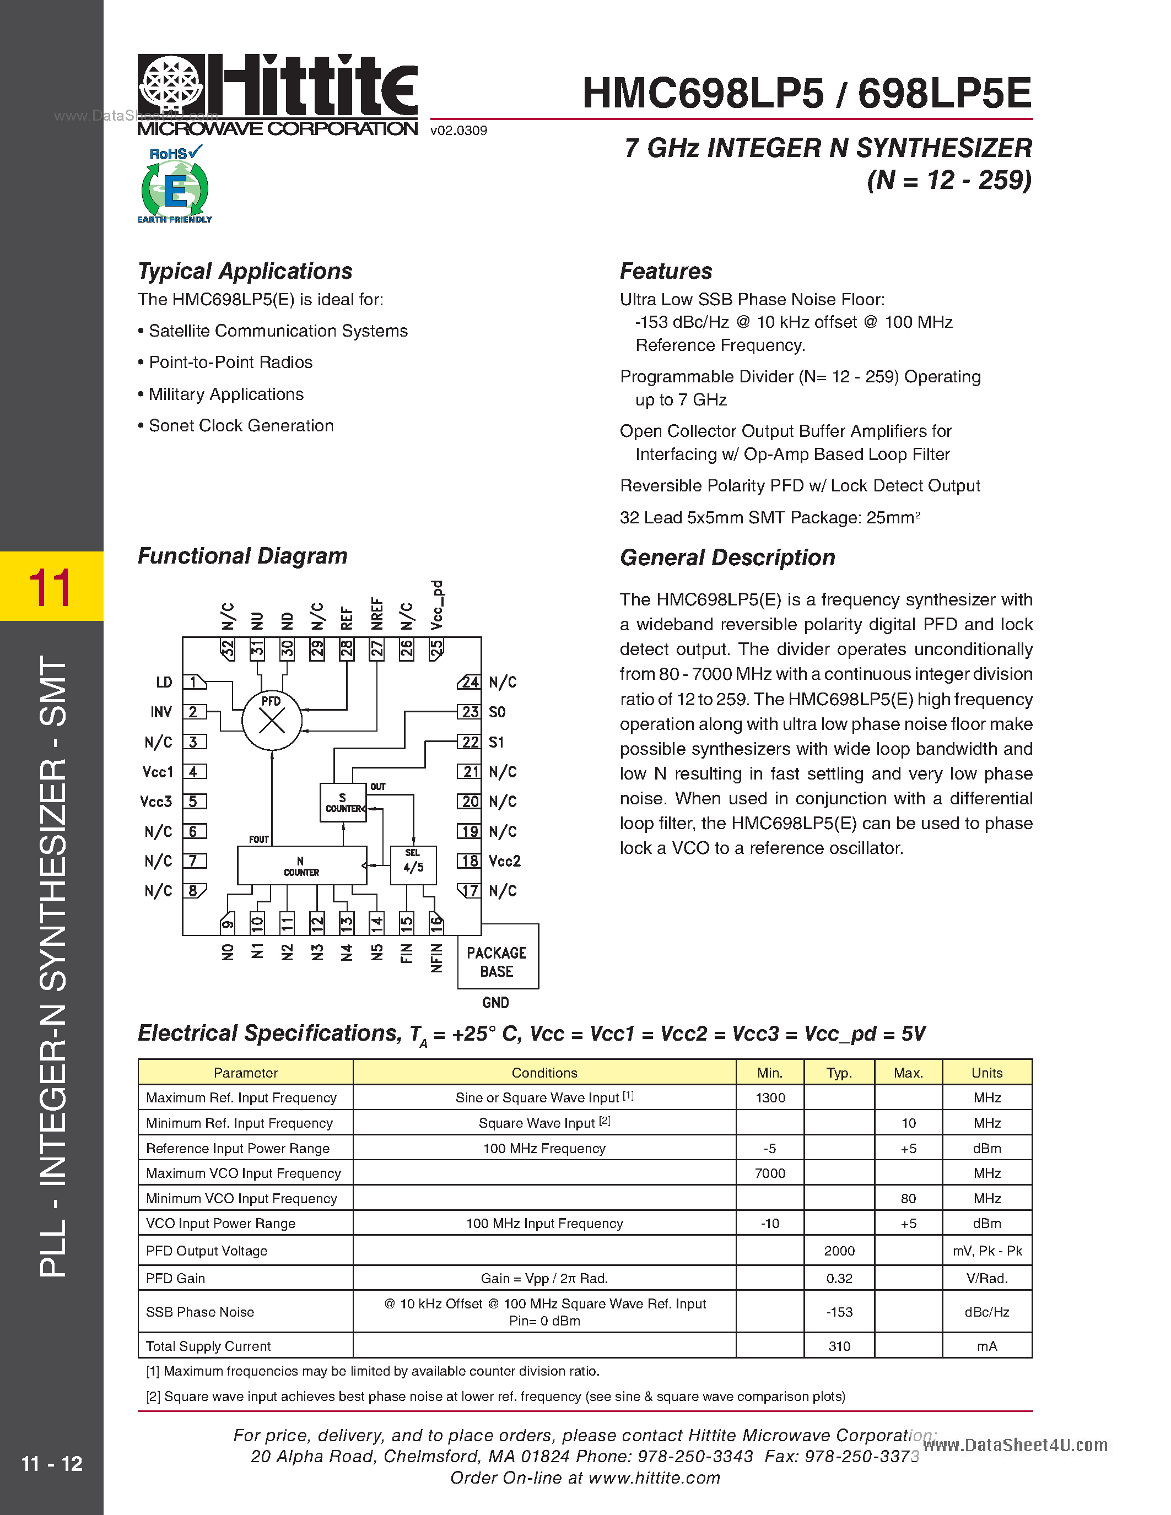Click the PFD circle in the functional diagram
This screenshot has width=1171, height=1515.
click(271, 720)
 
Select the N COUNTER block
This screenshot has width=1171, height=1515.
click(302, 865)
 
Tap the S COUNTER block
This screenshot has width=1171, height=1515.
click(343, 803)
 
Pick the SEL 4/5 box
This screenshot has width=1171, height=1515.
click(413, 864)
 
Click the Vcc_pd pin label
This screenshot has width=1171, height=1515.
click(436, 605)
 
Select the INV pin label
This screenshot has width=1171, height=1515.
click(161, 712)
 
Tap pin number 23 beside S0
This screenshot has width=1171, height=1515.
click(470, 712)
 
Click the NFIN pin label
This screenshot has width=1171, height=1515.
click(436, 958)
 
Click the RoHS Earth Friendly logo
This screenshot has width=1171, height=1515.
click(175, 185)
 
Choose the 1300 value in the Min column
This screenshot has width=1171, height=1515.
click(769, 1098)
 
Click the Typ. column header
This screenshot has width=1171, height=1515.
click(839, 1073)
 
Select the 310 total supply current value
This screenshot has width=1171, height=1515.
click(839, 1346)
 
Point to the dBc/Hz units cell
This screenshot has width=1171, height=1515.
click(986, 1312)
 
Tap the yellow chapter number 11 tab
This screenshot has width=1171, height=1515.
click(51, 587)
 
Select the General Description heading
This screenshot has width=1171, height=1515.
click(727, 558)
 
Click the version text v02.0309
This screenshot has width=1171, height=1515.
click(458, 131)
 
